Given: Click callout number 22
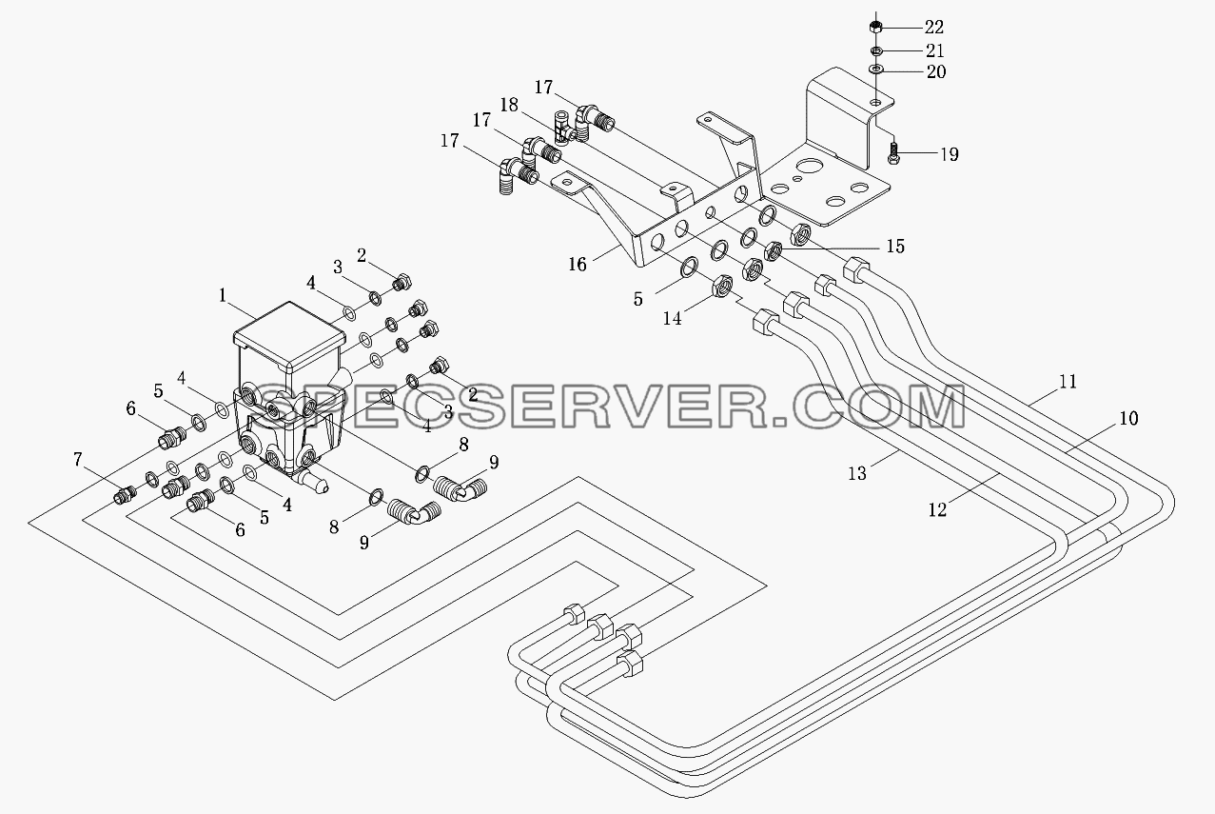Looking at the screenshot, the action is click(933, 27).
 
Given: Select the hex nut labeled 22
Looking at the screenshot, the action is click(874, 26).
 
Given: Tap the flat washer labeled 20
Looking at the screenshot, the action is click(875, 69).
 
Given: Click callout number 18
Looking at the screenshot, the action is click(509, 105).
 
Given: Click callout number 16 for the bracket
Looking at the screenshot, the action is click(578, 265).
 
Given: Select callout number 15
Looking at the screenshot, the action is click(895, 247).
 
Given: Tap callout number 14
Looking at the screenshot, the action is click(672, 318).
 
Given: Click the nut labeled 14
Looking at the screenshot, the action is click(722, 286).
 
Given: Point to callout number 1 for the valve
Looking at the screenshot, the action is click(223, 295).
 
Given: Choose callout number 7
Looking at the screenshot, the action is click(78, 460).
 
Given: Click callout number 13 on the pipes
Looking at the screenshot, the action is click(857, 474).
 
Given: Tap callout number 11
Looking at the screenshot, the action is click(1068, 382).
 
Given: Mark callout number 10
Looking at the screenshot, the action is click(1128, 418).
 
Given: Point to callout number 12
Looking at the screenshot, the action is click(938, 509).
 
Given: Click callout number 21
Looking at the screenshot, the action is click(934, 50).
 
